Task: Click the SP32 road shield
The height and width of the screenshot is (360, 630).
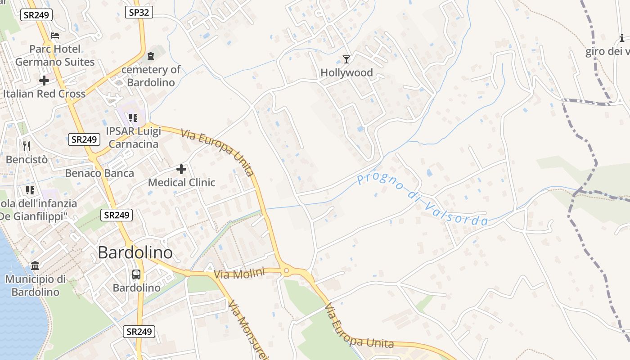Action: tap(139, 12)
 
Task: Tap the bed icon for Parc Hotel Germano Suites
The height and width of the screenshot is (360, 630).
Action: tap(55, 35)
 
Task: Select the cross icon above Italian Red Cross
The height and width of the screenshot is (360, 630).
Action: tap(44, 81)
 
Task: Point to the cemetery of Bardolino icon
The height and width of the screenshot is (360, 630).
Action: tap(150, 56)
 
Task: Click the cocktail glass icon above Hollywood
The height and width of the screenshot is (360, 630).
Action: tap(346, 59)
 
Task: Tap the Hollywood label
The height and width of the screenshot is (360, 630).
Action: tap(346, 72)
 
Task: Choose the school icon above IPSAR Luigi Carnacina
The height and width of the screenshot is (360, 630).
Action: tap(133, 118)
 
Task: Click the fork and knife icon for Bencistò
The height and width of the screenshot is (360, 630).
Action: tap(27, 146)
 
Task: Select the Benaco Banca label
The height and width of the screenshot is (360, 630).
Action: tap(99, 173)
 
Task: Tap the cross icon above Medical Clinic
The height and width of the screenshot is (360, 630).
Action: tap(181, 169)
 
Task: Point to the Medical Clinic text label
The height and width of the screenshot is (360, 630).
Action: tap(181, 182)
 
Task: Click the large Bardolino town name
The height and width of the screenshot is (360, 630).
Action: tap(135, 252)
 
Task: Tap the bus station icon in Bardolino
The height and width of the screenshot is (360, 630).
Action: tap(136, 274)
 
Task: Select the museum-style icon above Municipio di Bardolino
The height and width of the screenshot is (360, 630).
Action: tap(35, 265)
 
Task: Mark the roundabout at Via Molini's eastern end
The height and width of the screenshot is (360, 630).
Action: tap(286, 271)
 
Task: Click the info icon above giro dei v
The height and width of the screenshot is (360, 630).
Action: tap(622, 38)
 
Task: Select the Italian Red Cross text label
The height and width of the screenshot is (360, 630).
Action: tap(44, 94)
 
